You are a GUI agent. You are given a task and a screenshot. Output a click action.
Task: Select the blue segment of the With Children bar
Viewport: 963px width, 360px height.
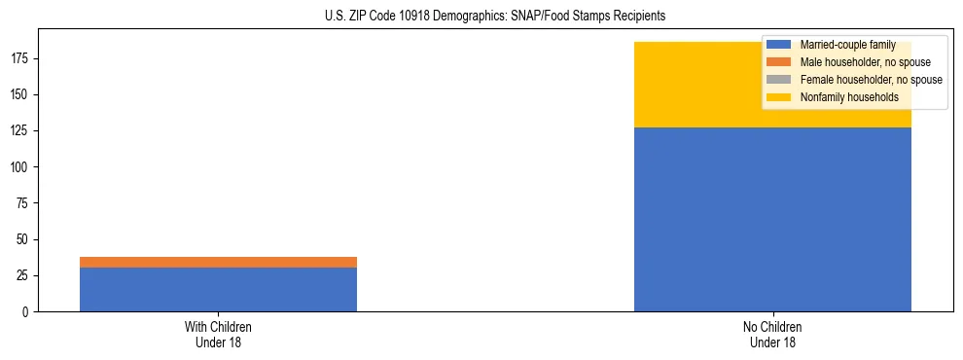[218, 289]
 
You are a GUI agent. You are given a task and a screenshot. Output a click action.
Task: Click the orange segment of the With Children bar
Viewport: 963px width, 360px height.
[218, 262]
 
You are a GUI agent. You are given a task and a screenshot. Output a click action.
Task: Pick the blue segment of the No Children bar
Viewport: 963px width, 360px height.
[772, 219]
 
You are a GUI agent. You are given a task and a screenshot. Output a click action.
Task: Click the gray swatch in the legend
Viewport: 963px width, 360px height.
[779, 80]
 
